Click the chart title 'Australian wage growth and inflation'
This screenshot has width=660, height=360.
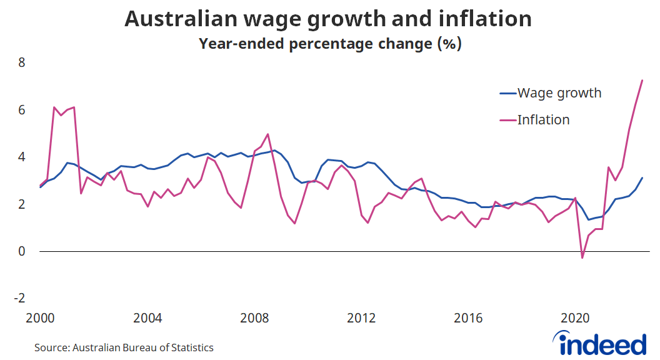[x=328, y=19]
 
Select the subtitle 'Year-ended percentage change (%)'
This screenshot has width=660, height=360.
[x=329, y=44]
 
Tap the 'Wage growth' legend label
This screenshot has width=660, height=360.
[x=559, y=93]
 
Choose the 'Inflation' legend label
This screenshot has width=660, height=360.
[x=543, y=119]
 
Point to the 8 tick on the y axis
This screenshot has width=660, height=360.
[x=21, y=62]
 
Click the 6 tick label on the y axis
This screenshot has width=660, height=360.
[x=21, y=110]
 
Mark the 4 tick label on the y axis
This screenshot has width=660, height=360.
[x=21, y=157]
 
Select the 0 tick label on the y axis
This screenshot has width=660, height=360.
[x=21, y=251]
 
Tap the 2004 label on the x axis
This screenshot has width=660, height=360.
[x=147, y=317]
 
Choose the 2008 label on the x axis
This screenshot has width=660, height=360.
[x=254, y=317]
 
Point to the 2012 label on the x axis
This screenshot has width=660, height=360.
[x=362, y=317]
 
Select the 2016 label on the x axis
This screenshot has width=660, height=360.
[x=469, y=317]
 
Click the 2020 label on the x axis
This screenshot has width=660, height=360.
[x=576, y=317]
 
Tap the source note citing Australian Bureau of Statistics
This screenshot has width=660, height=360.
[x=124, y=347]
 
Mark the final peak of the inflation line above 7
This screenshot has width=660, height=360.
[x=642, y=80]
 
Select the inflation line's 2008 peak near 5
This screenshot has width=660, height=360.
[x=268, y=134]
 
